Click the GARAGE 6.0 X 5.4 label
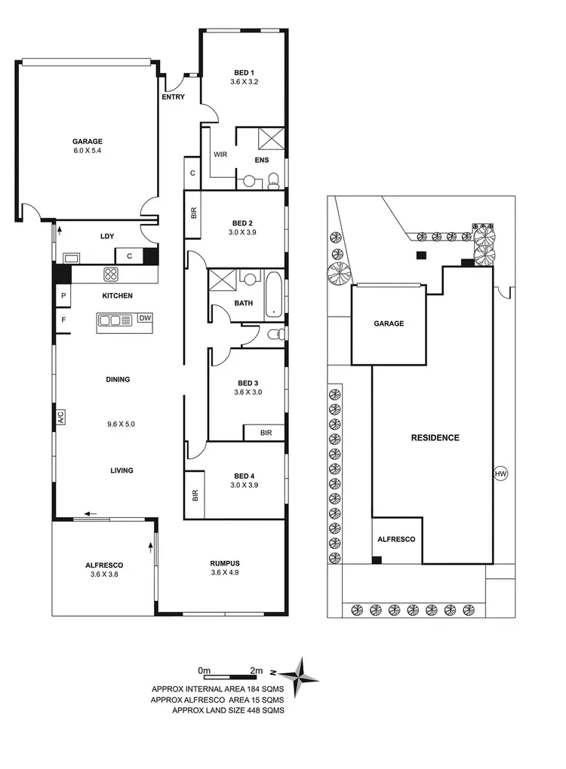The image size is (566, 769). (88, 146)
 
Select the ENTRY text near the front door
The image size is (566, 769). (174, 98)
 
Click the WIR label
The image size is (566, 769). (220, 155)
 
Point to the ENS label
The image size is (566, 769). (262, 161)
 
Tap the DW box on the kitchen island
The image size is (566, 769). (146, 318)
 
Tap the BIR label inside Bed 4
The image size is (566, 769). (195, 495)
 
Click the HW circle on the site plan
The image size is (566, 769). (499, 473)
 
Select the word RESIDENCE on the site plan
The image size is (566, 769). (435, 437)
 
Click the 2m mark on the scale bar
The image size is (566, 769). (257, 670)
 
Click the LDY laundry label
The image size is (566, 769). (107, 237)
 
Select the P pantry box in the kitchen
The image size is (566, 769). (63, 296)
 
